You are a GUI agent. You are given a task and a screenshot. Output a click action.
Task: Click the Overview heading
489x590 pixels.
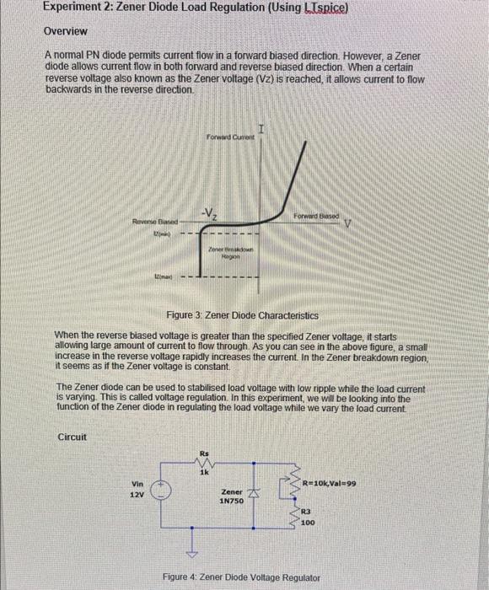pos(65,31)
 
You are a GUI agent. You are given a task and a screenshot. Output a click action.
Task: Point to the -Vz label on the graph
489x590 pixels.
pos(208,212)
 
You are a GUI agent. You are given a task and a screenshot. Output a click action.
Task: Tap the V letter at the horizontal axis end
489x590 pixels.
pos(345,226)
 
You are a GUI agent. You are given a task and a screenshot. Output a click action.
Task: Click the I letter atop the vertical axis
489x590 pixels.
pos(262,128)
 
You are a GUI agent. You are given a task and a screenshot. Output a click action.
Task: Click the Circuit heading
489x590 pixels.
pos(71,437)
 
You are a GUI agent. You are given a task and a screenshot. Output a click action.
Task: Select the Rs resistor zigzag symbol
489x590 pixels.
pos(204,464)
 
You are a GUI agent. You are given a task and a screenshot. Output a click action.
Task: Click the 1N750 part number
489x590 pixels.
pos(230,500)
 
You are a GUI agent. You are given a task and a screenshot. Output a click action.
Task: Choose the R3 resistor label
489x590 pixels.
pos(307,512)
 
